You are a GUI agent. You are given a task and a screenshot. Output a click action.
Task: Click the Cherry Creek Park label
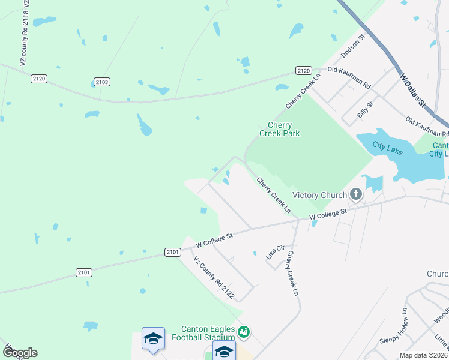(279, 129)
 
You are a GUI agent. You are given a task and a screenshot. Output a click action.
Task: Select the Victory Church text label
(319, 195)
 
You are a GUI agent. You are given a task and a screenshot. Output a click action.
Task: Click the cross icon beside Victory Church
(356, 194)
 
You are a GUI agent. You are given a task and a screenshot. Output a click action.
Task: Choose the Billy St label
(366, 109)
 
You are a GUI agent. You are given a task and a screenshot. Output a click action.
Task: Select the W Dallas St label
(412, 91)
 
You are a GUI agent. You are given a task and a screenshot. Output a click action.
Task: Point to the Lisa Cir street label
(275, 252)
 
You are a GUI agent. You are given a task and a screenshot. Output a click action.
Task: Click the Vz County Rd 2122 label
(213, 278)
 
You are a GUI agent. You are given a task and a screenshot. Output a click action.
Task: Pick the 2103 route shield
(102, 82)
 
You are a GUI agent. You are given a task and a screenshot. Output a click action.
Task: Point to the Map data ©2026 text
(423, 355)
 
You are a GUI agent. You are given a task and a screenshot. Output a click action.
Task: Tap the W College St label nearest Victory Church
(328, 214)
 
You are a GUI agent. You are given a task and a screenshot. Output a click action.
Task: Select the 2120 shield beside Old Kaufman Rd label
(304, 71)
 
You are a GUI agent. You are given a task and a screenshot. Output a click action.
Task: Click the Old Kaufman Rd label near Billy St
(427, 127)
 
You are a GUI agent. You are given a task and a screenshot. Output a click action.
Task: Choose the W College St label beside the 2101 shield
(214, 241)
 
